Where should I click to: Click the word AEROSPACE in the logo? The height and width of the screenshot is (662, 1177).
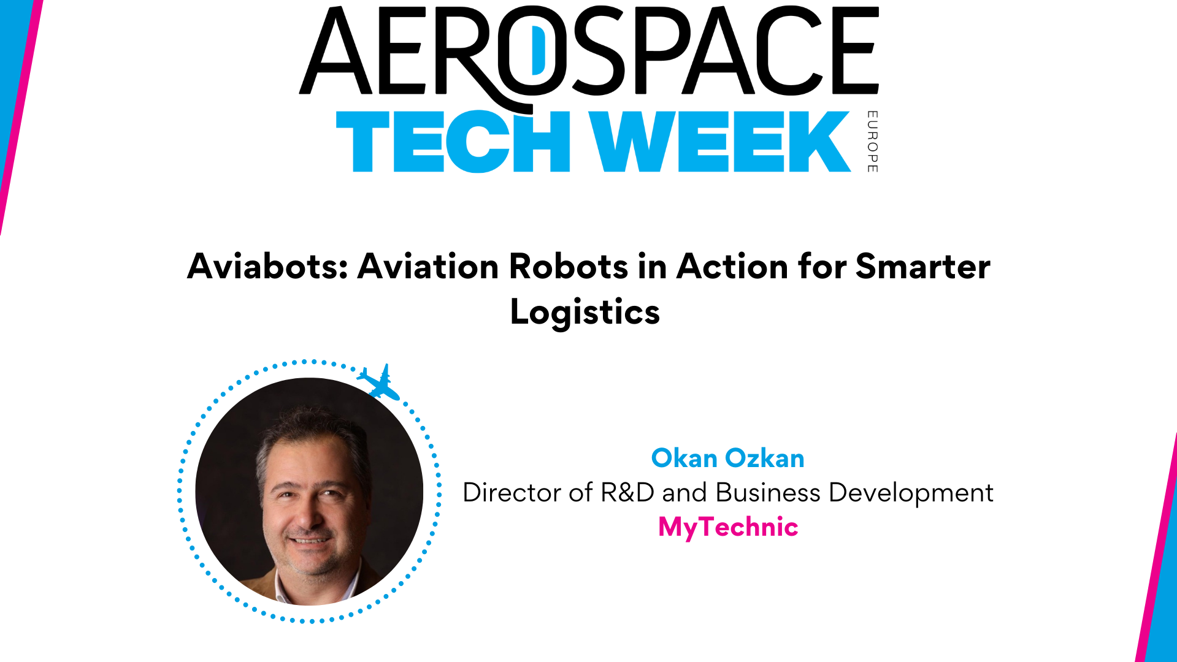[589, 52]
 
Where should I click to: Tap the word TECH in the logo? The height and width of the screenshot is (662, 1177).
[453, 142]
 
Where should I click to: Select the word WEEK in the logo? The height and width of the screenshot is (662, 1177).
[720, 142]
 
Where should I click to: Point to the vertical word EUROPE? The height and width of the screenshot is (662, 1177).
[872, 142]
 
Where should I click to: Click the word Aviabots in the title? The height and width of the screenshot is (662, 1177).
[267, 267]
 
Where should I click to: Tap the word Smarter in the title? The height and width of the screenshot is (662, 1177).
[922, 267]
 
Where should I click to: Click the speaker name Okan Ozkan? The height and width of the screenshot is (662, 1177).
[727, 458]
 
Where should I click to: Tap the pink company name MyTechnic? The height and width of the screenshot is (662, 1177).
[728, 527]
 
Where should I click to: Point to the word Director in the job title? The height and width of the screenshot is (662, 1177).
[512, 493]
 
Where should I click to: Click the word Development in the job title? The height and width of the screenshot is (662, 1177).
[911, 493]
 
